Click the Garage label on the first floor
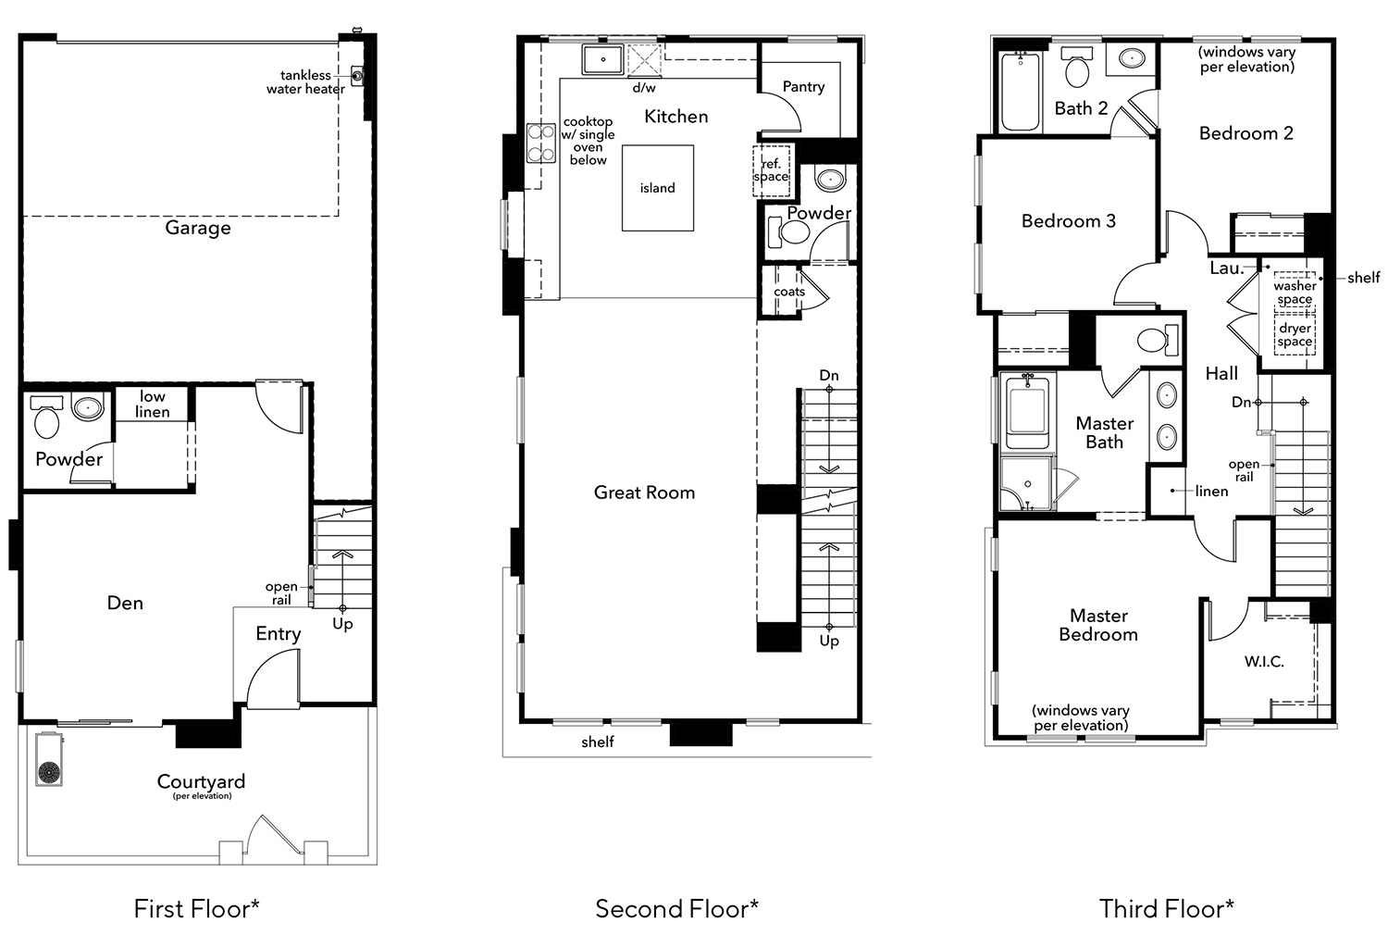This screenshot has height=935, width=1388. coord(198,228)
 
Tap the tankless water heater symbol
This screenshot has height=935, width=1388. coord(357,76)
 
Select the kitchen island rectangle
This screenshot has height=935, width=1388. coord(657,188)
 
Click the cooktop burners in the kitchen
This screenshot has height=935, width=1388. coord(541,143)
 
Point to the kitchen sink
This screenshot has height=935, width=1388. coord(602,59)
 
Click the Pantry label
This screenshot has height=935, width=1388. coord(803,87)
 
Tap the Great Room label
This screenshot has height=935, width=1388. coord(644,492)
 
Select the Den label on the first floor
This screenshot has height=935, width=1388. coord(125,603)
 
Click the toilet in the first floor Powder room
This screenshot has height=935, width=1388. coord(46,416)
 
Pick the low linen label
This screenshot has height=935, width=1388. coord(153,404)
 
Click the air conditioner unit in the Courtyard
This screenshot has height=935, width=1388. coord(49,759)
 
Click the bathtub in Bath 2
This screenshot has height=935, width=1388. coord(1020,91)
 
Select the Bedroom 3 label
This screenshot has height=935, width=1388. coord(1068,220)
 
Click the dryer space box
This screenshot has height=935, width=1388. coord(1295,334)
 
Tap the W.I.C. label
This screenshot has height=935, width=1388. coord(1264,662)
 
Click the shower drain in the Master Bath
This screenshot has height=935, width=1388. coord(1028,484)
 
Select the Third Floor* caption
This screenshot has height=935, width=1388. coord(1166,908)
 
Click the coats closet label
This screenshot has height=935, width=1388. coord(789,292)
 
